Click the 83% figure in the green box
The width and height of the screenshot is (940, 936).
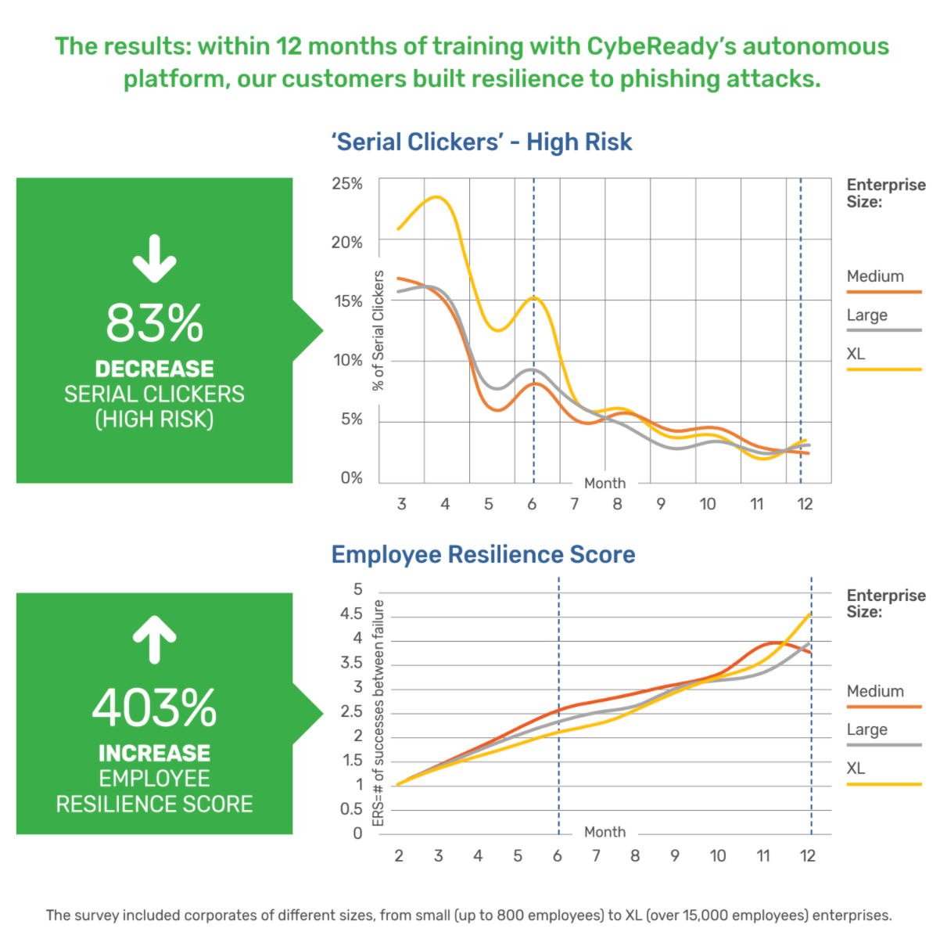point(154,322)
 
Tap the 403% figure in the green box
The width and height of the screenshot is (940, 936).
point(154,707)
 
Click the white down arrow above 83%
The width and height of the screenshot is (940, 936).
point(154,258)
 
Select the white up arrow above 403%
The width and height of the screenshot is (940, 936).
point(154,639)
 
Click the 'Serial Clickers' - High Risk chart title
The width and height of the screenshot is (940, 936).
point(481,142)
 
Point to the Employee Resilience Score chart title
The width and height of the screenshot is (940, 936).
point(483,554)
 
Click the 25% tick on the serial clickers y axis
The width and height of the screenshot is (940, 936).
point(347,183)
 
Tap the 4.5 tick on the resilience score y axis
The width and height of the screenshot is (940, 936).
point(351,614)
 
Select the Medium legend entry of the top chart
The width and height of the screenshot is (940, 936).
point(875,276)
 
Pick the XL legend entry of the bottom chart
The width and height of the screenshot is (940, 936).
point(856,768)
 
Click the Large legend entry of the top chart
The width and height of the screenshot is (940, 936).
point(866,315)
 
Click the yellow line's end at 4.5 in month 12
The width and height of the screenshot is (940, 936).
point(810,614)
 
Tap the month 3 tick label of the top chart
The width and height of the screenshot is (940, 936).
point(401,504)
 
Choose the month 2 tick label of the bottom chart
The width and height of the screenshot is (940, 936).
point(399,855)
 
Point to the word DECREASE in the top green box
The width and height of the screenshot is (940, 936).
point(154,369)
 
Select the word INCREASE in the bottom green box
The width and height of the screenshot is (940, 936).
point(154,753)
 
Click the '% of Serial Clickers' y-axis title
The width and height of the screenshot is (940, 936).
point(379,330)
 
